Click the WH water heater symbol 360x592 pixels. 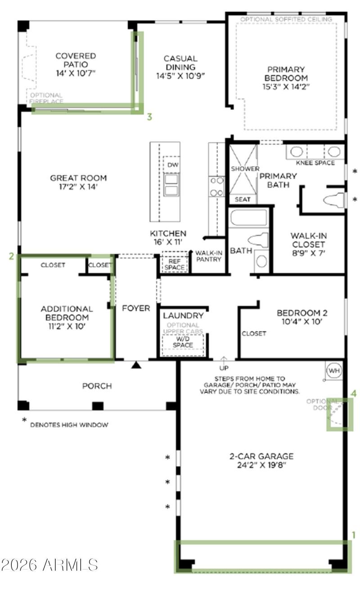click(334, 371)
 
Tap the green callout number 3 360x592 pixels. click(149, 117)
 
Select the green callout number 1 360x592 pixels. click(354, 535)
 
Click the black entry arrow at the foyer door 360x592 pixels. click(136, 365)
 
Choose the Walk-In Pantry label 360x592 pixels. click(209, 256)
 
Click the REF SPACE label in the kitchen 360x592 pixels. click(174, 264)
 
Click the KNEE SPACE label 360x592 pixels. click(315, 163)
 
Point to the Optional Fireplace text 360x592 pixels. click(47, 98)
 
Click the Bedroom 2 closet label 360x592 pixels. click(254, 333)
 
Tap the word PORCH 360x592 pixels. click(97, 386)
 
